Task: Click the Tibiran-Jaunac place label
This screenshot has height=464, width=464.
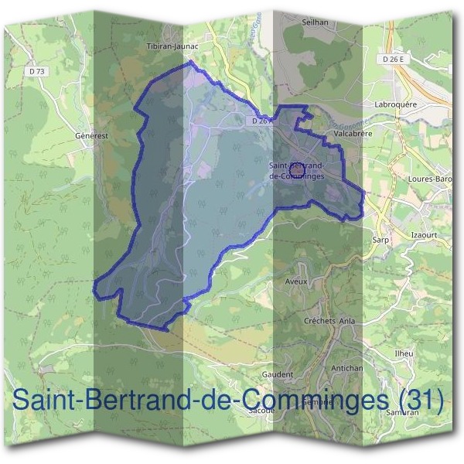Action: click(x=172, y=46)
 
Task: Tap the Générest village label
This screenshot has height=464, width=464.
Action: click(x=90, y=135)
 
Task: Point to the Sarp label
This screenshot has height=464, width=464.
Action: click(x=380, y=240)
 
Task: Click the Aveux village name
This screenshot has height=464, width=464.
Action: click(x=296, y=281)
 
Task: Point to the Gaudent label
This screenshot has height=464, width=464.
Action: click(x=278, y=374)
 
